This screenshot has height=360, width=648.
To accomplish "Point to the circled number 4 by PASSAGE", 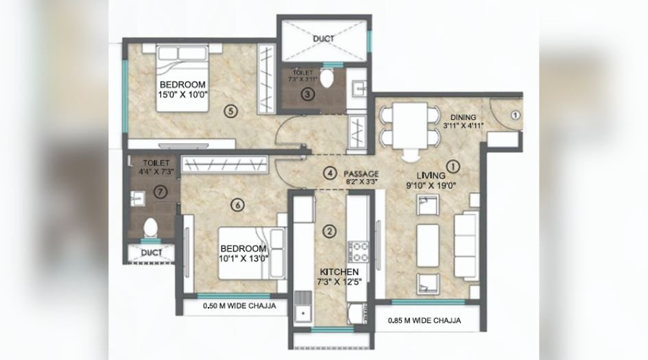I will click(331, 173).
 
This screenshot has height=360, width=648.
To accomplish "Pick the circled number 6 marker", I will click(237, 204).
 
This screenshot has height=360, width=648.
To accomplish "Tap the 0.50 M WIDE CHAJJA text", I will click(239, 307).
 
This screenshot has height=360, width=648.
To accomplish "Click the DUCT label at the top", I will click(324, 38).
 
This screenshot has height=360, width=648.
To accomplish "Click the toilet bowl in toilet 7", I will click(150, 227).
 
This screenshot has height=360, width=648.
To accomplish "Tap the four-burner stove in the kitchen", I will click(359, 252).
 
